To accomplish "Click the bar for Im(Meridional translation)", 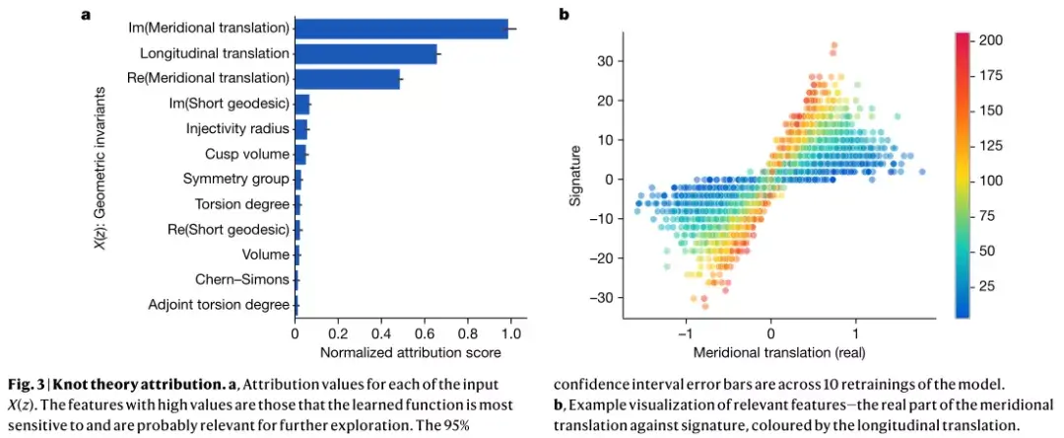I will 401,29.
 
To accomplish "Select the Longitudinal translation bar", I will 366,54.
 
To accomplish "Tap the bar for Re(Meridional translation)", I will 347,79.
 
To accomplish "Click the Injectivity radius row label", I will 237,129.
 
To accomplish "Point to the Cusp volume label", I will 247,154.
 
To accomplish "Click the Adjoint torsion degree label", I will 219,305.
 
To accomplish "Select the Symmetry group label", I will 236,180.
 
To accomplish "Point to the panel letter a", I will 86,15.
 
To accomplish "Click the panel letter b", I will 564,15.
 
